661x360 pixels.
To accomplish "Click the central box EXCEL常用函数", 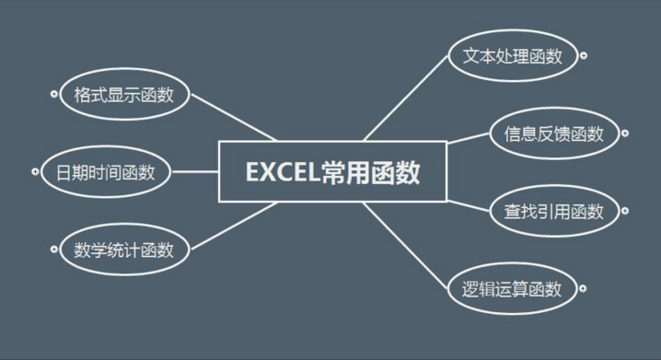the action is (332, 171).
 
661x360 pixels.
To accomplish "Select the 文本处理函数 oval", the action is (512, 54).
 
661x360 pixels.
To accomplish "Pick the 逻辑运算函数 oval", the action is (512, 289).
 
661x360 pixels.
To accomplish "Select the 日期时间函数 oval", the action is (106, 171).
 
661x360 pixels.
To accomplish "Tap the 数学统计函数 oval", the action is (124, 250).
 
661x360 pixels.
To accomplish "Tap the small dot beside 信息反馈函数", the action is (625, 134).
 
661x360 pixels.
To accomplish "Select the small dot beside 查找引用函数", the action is (625, 212).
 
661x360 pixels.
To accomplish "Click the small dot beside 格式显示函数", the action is (53, 93).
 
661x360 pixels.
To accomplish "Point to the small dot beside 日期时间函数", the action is (35, 171).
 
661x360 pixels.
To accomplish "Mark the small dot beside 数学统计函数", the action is (53, 250).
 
